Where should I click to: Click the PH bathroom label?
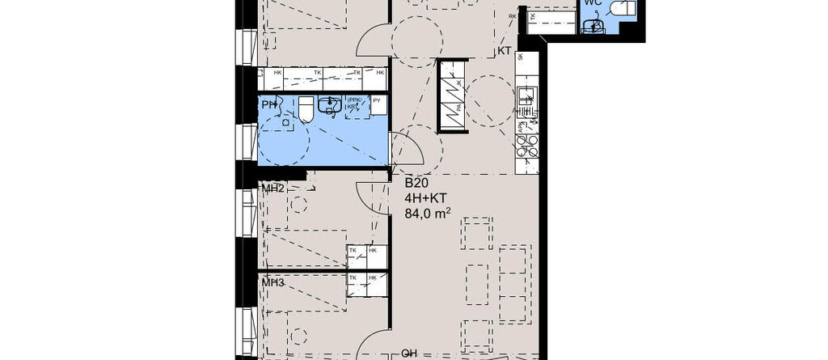[x=268, y=105]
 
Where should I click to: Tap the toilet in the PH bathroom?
[x=306, y=109]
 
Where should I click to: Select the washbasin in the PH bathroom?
[x=329, y=105]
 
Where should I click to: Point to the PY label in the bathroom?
[x=377, y=101]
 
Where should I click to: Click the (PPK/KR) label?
[x=353, y=104]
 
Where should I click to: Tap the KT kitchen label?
[x=504, y=51]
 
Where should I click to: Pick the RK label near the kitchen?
[x=512, y=16]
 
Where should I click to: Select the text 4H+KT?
[x=425, y=198]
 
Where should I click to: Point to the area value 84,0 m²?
[x=427, y=214]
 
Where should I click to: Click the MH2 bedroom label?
[x=272, y=188]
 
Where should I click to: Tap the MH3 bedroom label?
[x=272, y=282]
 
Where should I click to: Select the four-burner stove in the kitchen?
[x=527, y=146]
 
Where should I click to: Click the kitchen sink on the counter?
[x=527, y=104]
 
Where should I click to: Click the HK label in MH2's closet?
[x=373, y=252]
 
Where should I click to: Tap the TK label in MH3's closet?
[x=353, y=277]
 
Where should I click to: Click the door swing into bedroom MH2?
[x=372, y=197]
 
